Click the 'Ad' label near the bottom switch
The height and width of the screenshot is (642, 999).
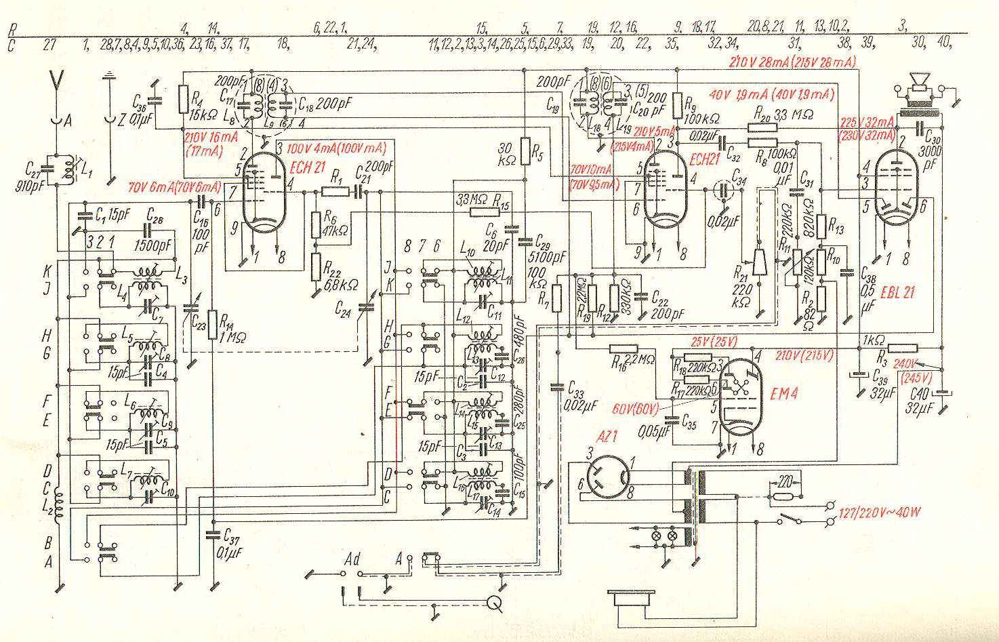pos(352,559)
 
